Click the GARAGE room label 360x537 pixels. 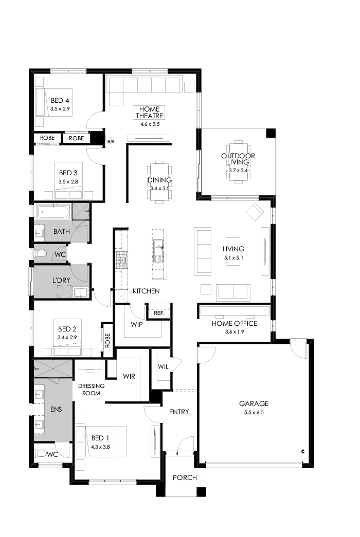[254, 403]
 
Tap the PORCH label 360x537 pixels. [185, 477]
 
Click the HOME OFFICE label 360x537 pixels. [235, 323]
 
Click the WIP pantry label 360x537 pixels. [136, 325]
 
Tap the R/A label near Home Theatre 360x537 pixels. [111, 141]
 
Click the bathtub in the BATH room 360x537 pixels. [52, 212]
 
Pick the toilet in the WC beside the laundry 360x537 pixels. [42, 254]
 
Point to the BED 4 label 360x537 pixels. [60, 100]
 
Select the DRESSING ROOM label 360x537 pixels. [91, 390]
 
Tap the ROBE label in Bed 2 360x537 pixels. [107, 341]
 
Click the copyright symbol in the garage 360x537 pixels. [303, 451]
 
